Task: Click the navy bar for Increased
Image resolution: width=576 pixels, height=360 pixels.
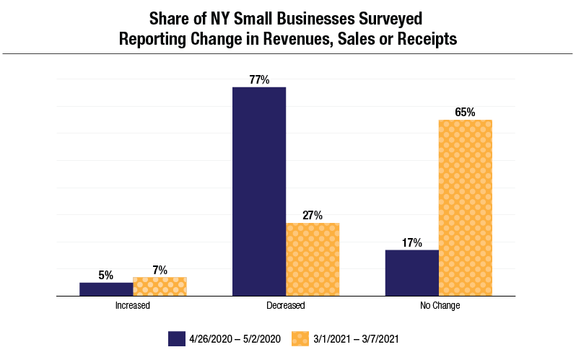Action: (x=106, y=289)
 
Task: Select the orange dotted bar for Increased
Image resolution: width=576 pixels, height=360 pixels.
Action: (x=160, y=286)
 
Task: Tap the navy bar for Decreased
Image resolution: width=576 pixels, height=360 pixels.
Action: (x=259, y=191)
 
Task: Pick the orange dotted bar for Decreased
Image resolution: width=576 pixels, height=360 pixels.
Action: (x=313, y=259)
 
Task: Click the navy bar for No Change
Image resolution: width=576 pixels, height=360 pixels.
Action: (x=411, y=273)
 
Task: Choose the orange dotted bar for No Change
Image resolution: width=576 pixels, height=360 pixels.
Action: (x=465, y=208)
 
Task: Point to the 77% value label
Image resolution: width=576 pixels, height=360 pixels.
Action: (x=259, y=80)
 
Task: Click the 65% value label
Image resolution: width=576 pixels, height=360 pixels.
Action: (x=465, y=113)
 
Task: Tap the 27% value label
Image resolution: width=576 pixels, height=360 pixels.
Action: (x=313, y=216)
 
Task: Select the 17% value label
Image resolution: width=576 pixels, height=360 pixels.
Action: (x=411, y=243)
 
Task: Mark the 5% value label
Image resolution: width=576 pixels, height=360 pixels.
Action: (x=106, y=275)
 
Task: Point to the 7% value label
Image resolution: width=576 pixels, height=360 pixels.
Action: (x=160, y=271)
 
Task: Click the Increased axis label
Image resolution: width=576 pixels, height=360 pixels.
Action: (x=133, y=306)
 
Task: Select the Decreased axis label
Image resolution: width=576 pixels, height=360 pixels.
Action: (x=286, y=306)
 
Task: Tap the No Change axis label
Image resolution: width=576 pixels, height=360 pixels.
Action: (x=439, y=306)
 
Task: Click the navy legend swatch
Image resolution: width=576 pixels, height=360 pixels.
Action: (x=178, y=338)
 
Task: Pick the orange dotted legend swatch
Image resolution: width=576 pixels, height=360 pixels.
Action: (x=301, y=338)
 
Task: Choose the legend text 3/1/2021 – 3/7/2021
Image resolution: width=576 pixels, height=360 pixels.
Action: (x=357, y=338)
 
